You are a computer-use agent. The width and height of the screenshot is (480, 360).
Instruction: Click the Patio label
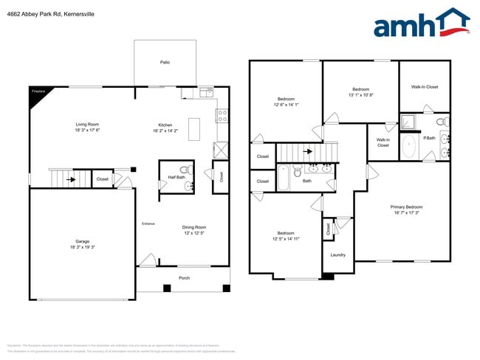(165, 63)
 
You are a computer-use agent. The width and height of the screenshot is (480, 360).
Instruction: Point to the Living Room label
(87, 125)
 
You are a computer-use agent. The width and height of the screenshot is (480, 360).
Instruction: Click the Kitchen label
(165, 125)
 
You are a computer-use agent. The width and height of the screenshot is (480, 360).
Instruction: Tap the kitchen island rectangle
(194, 128)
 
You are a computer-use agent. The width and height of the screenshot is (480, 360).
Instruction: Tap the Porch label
(184, 278)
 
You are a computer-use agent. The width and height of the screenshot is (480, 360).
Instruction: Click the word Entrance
(148, 224)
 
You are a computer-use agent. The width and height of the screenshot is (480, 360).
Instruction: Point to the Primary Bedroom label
(406, 207)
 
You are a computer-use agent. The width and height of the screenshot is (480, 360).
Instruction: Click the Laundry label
(338, 255)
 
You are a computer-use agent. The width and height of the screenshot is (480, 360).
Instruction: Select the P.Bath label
(428, 138)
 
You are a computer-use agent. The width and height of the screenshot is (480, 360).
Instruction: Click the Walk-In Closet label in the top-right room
(425, 87)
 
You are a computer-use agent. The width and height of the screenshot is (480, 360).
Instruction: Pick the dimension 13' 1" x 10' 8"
(361, 94)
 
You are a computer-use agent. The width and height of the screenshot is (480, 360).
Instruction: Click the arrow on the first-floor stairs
(71, 178)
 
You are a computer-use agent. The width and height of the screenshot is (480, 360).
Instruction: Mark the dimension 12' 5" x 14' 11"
(286, 238)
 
